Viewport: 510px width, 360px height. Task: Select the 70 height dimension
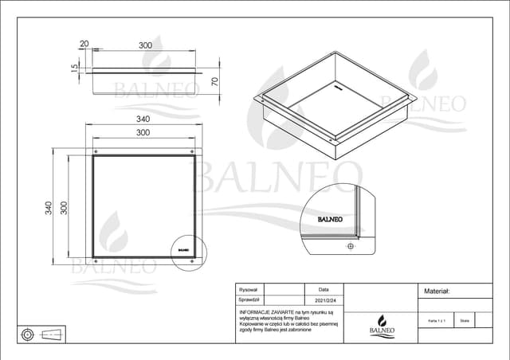[214, 81]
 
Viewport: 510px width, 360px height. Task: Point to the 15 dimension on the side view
[74, 69]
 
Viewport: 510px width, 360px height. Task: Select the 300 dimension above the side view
[144, 45]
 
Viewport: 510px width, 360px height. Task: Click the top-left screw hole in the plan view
[96, 151]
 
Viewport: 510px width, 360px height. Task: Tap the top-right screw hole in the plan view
[191, 151]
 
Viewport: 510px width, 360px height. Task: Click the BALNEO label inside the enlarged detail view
[330, 219]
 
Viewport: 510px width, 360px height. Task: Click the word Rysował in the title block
[249, 291]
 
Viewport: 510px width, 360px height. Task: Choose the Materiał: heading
[438, 292]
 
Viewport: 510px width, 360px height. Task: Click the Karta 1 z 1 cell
[436, 319]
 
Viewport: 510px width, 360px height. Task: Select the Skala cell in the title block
[465, 319]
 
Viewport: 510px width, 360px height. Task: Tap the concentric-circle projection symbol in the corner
[28, 333]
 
